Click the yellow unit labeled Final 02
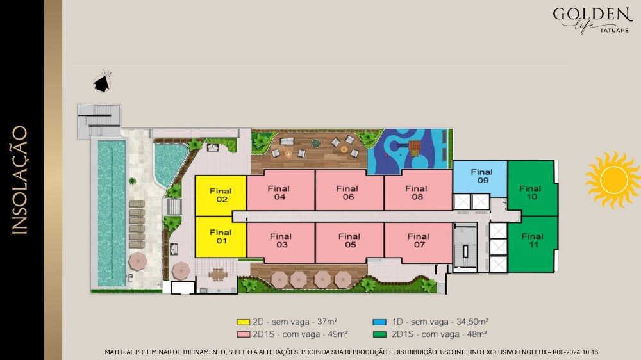(221, 196)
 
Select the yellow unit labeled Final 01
(221, 237)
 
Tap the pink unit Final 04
(281, 190)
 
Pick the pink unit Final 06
(349, 190)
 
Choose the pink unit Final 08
(418, 190)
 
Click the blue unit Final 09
(480, 177)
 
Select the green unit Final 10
(532, 188)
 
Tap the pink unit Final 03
(281, 242)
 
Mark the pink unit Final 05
(349, 242)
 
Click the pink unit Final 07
(418, 242)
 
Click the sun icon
(613, 179)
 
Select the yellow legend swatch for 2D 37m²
(243, 322)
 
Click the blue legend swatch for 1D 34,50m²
(379, 322)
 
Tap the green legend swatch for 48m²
(379, 334)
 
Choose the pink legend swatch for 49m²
(243, 334)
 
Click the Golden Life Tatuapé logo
(592, 20)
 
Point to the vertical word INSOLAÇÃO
(20, 180)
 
